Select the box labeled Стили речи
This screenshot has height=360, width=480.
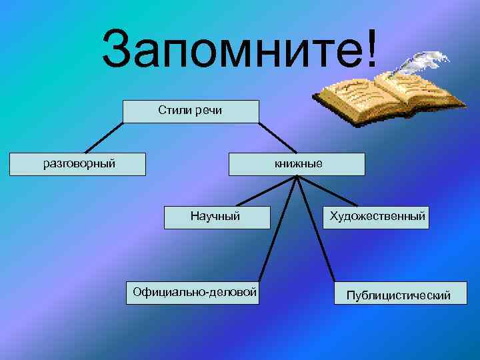coord(190,111)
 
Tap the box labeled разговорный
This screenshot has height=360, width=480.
coord(79,164)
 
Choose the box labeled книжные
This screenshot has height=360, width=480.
coord(297,164)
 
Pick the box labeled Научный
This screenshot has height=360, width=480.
coord(217,217)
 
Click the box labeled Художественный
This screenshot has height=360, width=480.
coord(376,217)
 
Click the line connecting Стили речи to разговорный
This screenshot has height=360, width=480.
coord(103,138)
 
